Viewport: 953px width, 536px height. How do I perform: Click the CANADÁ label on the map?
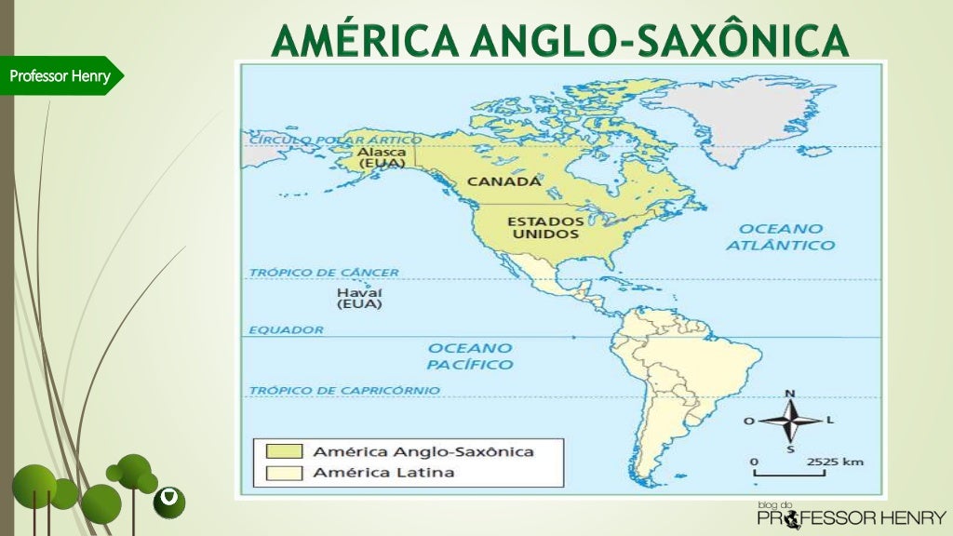(x=503, y=181)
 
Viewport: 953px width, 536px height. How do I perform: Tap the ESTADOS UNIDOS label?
(x=545, y=228)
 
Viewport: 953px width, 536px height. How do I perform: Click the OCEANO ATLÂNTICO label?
(x=780, y=236)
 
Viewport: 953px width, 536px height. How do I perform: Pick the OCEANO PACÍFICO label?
(x=470, y=355)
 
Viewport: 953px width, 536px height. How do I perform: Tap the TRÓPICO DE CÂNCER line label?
(x=324, y=273)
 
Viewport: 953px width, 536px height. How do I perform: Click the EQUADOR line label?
(x=286, y=329)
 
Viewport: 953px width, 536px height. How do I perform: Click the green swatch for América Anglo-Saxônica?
(x=284, y=451)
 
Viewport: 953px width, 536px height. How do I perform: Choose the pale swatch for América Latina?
(x=284, y=473)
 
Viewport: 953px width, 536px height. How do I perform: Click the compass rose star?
(x=790, y=421)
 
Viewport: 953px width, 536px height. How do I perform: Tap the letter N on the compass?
(x=790, y=394)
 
